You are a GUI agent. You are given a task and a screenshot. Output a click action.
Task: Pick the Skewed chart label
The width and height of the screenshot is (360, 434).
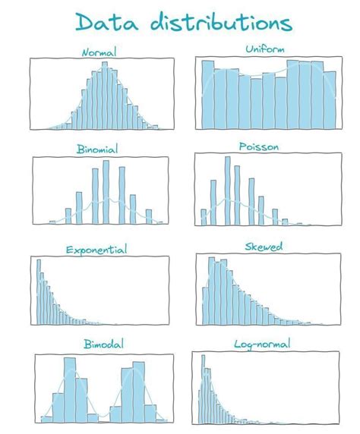tap(264, 247)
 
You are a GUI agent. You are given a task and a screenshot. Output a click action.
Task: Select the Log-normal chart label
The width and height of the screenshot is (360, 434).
tap(264, 345)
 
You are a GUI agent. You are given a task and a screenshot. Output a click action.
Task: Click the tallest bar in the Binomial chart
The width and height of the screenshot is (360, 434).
tap(106, 192)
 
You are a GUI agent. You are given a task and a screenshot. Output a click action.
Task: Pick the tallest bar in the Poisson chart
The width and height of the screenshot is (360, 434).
tap(226, 190)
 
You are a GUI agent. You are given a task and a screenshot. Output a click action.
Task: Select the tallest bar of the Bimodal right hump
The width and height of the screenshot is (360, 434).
tap(138, 391)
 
